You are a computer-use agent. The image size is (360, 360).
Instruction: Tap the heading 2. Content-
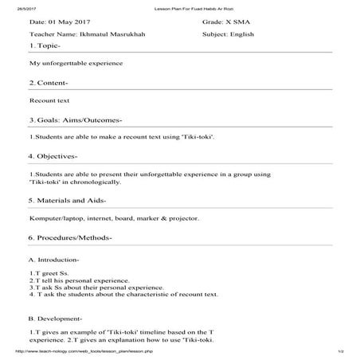tap(48, 83)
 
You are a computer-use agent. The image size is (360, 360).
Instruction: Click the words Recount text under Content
tap(49, 101)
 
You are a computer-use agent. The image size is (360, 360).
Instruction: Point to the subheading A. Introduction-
tap(53, 260)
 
